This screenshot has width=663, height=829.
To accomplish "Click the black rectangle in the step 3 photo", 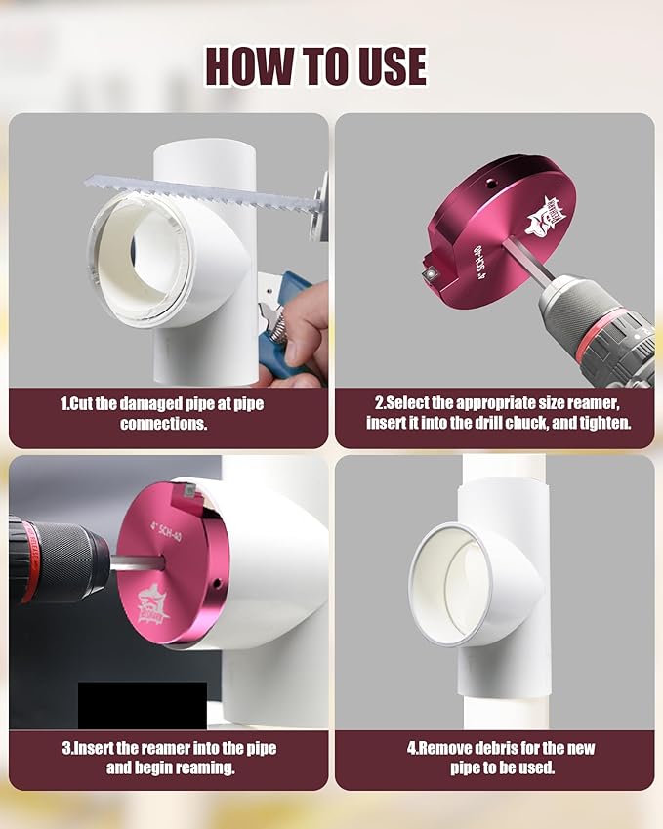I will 142,704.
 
